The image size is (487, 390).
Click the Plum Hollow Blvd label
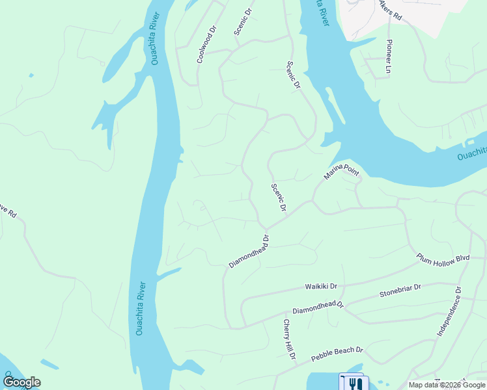point(443,258)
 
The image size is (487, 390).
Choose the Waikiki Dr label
point(321,286)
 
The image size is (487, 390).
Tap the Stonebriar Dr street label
point(400,291)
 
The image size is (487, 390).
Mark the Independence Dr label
point(449,313)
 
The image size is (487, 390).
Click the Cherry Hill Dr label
point(289,339)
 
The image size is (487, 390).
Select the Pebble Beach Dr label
point(337,354)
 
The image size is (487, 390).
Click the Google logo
point(21,382)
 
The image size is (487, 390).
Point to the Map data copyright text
point(447,385)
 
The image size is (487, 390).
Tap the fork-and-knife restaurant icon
point(354,383)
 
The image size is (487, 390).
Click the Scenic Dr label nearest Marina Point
point(279,197)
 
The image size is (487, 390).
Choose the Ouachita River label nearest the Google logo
point(140,308)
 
